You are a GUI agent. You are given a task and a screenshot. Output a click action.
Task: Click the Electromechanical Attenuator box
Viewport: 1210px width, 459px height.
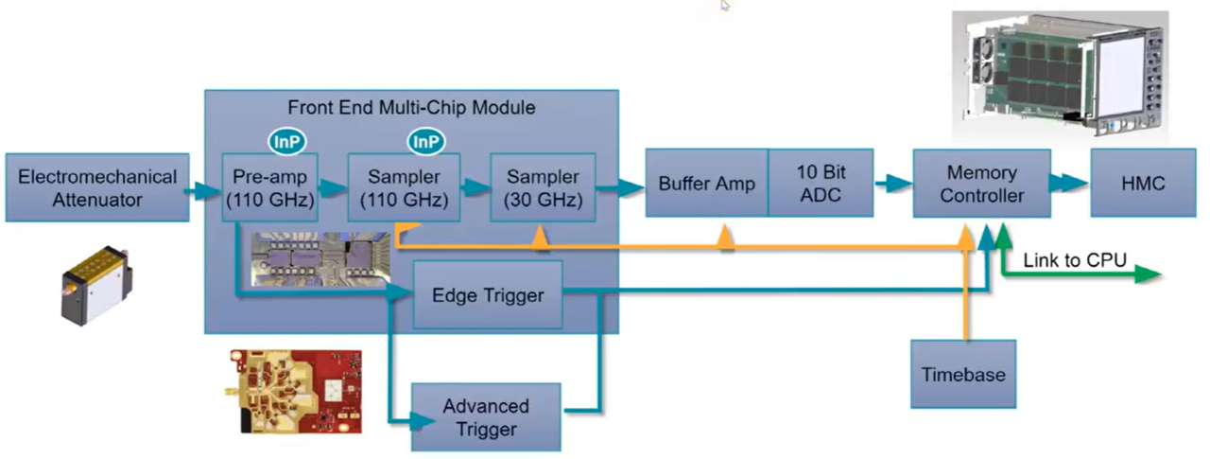pos(97,187)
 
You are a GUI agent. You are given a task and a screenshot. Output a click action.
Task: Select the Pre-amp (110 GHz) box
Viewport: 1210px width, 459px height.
pos(270,187)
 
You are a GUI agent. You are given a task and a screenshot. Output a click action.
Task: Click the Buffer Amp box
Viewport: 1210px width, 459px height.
pos(706,183)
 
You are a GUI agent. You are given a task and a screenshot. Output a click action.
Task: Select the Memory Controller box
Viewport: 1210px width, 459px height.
pos(981,184)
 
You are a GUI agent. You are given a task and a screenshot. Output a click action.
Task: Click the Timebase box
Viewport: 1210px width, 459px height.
pos(963,374)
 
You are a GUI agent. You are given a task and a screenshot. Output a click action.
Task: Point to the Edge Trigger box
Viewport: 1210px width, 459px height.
pos(488,295)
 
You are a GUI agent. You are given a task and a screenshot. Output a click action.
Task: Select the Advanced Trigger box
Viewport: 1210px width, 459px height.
pos(486,416)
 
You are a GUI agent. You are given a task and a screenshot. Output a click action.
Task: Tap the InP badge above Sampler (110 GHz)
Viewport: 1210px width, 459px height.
pos(425,141)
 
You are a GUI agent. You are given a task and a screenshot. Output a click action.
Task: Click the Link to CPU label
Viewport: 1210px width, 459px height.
pos(1075,258)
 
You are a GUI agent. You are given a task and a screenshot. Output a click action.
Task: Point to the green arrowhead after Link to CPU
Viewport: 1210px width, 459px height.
pos(1148,275)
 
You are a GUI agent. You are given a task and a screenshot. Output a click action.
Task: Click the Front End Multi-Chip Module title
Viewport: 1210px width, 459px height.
pos(411,108)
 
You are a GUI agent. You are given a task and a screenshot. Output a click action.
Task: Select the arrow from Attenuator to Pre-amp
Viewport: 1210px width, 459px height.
pos(200,192)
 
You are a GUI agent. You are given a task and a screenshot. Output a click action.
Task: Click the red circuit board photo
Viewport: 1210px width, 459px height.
pos(294,389)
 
